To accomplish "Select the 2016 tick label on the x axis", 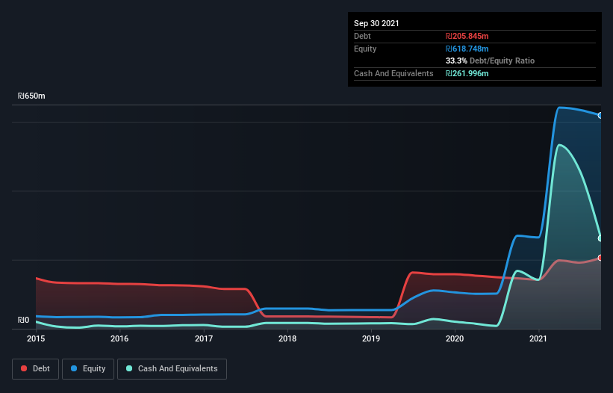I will pyautogui.click(x=119, y=338).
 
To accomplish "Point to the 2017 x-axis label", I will pyautogui.click(x=204, y=338).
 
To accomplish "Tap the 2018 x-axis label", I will pyautogui.click(x=287, y=338).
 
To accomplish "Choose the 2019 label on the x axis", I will pyautogui.click(x=372, y=338).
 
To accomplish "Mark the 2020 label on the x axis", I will pyautogui.click(x=455, y=338).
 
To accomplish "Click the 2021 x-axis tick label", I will pyautogui.click(x=539, y=338).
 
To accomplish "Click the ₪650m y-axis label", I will pyautogui.click(x=31, y=96).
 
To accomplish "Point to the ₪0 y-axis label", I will pyautogui.click(x=23, y=321).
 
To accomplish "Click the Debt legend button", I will pyautogui.click(x=34, y=368).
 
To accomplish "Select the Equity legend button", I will pyautogui.click(x=88, y=368).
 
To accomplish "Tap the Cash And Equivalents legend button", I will pyautogui.click(x=172, y=368).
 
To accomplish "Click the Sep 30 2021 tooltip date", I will pyautogui.click(x=376, y=23).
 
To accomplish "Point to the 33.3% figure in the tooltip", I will pyautogui.click(x=456, y=61).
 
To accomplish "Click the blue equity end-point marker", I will pyautogui.click(x=600, y=115).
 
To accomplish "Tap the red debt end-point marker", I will pyautogui.click(x=600, y=258).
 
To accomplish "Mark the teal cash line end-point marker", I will pyautogui.click(x=600, y=238).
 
